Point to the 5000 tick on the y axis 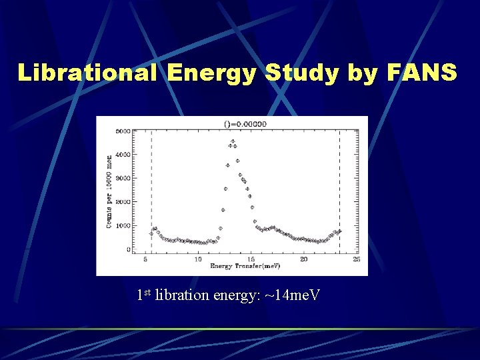click(122, 131)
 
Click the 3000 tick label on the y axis click(122, 179)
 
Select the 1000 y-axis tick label click(122, 226)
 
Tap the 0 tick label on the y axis click(127, 250)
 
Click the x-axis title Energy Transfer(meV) click(245, 267)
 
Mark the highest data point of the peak click(233, 141)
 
